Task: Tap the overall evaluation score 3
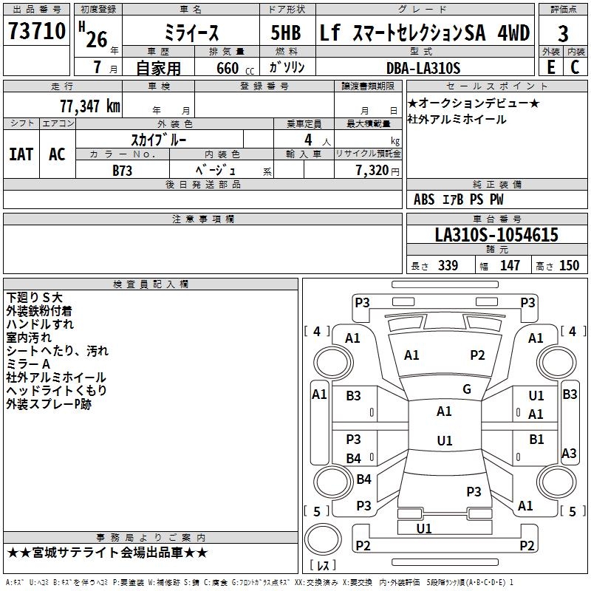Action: (x=563, y=34)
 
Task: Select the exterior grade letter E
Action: (x=550, y=67)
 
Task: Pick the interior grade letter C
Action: (x=575, y=67)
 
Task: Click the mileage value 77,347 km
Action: (x=90, y=106)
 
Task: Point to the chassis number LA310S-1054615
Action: (x=496, y=236)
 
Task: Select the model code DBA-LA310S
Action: (x=423, y=68)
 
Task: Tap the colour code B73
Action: (x=123, y=170)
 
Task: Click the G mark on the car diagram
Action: (x=467, y=389)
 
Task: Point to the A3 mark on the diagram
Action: (x=570, y=454)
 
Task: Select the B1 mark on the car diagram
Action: (x=536, y=440)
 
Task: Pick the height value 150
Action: (x=569, y=266)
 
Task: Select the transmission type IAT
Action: (x=21, y=154)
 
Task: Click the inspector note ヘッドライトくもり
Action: (x=56, y=390)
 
